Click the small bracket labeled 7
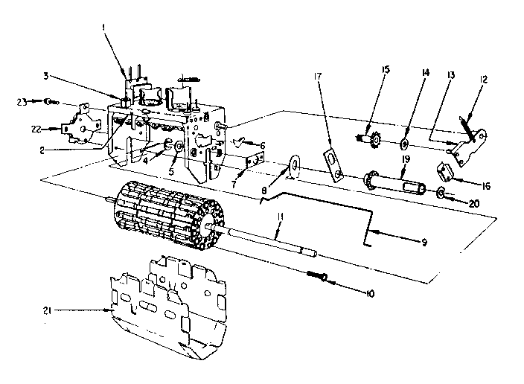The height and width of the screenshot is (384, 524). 257,161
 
